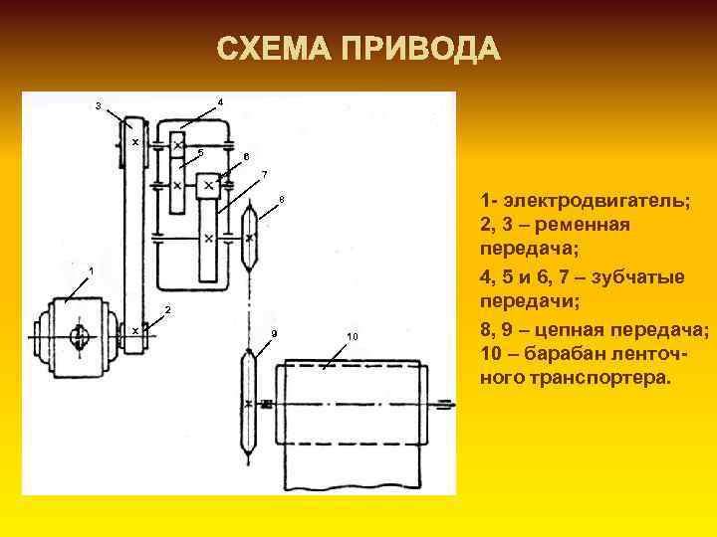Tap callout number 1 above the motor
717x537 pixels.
[91, 269]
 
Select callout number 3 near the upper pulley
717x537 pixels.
[97, 105]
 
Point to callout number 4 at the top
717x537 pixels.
[220, 101]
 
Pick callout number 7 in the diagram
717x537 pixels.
[263, 175]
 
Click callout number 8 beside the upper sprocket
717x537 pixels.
[282, 200]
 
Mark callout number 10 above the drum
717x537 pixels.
[353, 336]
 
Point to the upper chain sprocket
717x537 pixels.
[249, 238]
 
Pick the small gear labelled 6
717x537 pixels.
[210, 186]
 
